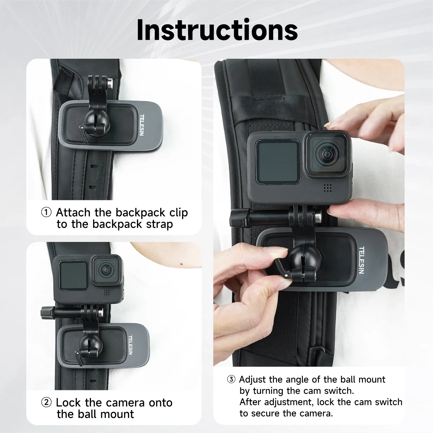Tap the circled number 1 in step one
pos(46,212)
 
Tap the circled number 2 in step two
pos(46,402)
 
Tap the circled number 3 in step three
pos(231,379)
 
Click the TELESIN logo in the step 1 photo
pos(142,125)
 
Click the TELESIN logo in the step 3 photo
pos(361,260)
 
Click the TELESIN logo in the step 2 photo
pos(130,345)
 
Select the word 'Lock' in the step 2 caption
pos(68,403)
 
